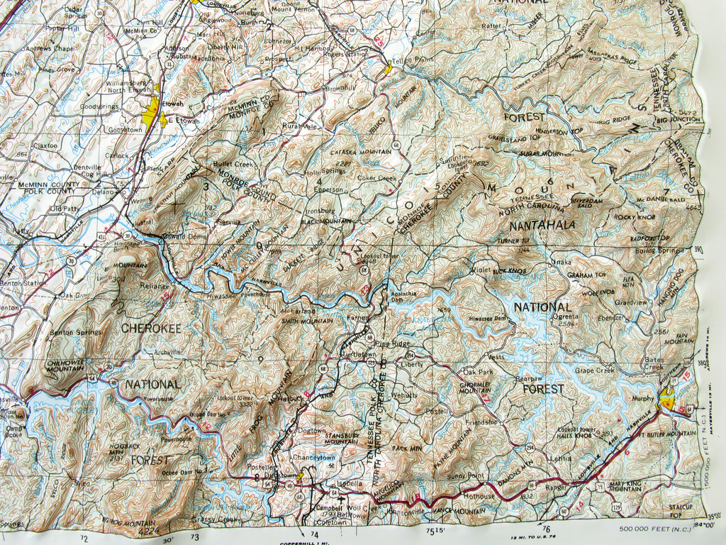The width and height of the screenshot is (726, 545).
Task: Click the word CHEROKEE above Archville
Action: point(151,328)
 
